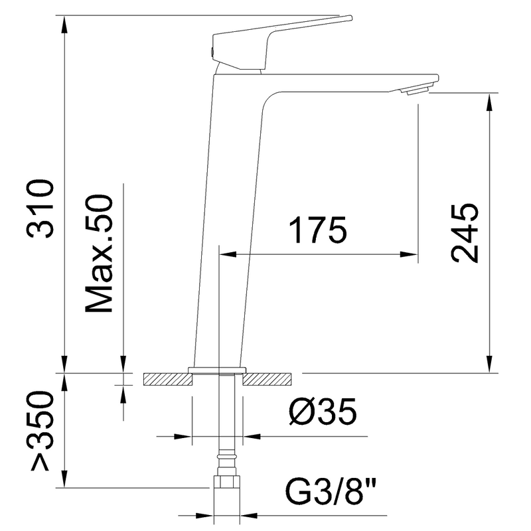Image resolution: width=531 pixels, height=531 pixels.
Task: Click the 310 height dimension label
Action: [x=40, y=209]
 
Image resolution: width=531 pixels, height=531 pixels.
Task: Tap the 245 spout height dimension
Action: [x=465, y=233]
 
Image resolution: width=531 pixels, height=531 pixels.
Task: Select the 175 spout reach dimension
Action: [x=318, y=230]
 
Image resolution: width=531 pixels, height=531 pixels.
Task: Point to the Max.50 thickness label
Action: [x=98, y=254]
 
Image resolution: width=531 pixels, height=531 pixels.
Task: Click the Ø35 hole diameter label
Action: [x=323, y=411]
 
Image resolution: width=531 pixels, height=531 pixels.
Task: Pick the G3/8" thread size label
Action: [x=331, y=491]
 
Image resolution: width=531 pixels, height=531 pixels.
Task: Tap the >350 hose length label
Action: [x=42, y=430]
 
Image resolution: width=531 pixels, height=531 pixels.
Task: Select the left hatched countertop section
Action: [x=168, y=379]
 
